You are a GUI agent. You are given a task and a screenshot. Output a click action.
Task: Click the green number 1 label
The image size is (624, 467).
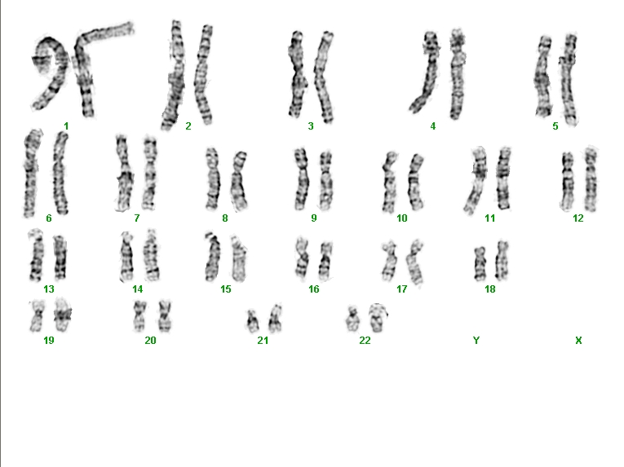(66, 126)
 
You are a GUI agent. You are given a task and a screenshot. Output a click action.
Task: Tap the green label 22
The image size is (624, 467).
(365, 340)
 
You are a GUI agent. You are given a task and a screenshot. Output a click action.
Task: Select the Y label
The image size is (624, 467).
(476, 340)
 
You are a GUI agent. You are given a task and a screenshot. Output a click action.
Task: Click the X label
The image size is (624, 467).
(578, 340)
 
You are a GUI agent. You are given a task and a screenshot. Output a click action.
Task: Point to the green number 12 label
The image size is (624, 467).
(578, 218)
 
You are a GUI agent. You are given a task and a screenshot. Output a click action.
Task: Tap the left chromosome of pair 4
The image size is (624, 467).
(427, 72)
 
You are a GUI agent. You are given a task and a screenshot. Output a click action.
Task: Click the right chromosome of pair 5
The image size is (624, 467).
(569, 80)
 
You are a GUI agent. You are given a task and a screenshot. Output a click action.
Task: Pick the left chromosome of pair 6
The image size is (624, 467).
(32, 173)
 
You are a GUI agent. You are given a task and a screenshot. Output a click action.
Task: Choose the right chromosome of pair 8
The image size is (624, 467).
(239, 181)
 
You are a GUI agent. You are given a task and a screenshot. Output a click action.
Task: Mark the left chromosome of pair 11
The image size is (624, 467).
(476, 179)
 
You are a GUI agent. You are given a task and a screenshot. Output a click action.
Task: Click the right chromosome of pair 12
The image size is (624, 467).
(591, 179)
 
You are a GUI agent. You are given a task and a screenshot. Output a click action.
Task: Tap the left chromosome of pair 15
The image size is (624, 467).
(213, 257)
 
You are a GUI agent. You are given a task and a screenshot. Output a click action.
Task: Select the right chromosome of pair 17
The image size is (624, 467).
(414, 262)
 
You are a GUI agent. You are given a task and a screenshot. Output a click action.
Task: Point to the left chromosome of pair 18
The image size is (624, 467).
(480, 264)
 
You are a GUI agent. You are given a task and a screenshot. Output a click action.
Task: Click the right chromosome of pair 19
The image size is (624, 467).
(62, 315)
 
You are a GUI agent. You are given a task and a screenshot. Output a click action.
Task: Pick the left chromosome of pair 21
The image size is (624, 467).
(252, 321)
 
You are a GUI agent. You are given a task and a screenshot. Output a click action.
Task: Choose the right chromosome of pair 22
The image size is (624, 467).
(378, 318)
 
